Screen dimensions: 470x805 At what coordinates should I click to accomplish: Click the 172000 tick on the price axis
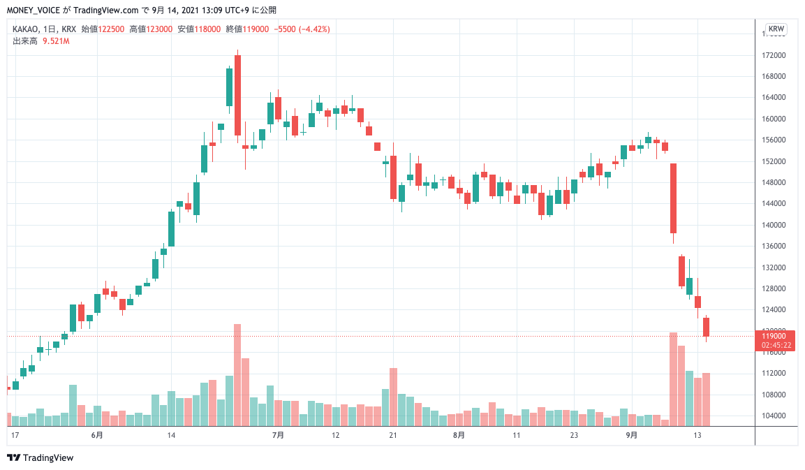point(776,55)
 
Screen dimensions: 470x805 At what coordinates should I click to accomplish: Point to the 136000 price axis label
point(776,246)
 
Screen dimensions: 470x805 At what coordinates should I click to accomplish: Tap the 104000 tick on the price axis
point(776,416)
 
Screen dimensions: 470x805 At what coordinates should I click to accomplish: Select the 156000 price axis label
point(776,140)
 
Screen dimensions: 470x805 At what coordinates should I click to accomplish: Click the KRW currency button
point(776,29)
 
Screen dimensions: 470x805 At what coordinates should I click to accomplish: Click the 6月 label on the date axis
point(97,435)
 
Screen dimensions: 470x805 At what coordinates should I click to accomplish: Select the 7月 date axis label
point(278,435)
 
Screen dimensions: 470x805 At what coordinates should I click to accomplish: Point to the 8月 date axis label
point(458,435)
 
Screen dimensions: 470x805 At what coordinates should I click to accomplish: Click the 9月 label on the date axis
point(631,435)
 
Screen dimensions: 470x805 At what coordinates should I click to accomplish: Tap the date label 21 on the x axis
point(393,435)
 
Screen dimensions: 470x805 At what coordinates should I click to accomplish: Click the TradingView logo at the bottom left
point(40,458)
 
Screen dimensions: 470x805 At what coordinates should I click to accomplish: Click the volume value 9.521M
point(56,41)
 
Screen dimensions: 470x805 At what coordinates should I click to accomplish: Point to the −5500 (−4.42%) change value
point(302,29)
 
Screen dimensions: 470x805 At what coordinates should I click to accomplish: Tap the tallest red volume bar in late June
point(237,374)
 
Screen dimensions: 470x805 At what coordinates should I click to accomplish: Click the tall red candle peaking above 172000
point(237,94)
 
